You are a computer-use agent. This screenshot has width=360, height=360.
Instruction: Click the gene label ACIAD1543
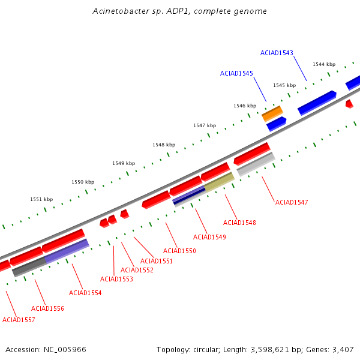(x=277, y=53)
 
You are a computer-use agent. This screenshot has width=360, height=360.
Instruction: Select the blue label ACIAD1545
(x=236, y=73)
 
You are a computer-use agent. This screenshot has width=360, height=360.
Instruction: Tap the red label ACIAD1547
(x=292, y=202)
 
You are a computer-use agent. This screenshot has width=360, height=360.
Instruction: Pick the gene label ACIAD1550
(x=179, y=251)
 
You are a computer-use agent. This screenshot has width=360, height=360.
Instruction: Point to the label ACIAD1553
(x=116, y=279)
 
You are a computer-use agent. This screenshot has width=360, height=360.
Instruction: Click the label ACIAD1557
(x=19, y=320)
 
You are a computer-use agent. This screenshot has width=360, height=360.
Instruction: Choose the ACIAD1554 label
(x=85, y=293)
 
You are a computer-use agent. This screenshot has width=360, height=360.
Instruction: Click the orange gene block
(x=272, y=113)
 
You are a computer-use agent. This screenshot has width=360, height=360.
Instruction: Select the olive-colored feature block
(x=219, y=182)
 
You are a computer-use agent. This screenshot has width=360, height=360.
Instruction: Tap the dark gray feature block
(x=29, y=267)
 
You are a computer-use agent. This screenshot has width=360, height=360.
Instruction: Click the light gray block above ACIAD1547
(x=256, y=164)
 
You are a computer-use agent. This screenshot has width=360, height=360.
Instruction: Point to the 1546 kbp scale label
(x=245, y=106)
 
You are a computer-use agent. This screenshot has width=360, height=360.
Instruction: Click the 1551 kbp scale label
(x=41, y=199)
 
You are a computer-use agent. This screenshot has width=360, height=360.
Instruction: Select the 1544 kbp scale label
(x=324, y=64)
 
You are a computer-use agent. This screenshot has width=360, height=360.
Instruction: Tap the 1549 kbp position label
(x=124, y=163)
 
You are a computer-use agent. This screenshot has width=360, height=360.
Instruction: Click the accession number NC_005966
(x=65, y=350)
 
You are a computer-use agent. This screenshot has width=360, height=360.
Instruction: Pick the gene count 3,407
(x=343, y=350)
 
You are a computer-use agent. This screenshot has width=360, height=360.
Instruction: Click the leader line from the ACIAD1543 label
(x=300, y=68)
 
